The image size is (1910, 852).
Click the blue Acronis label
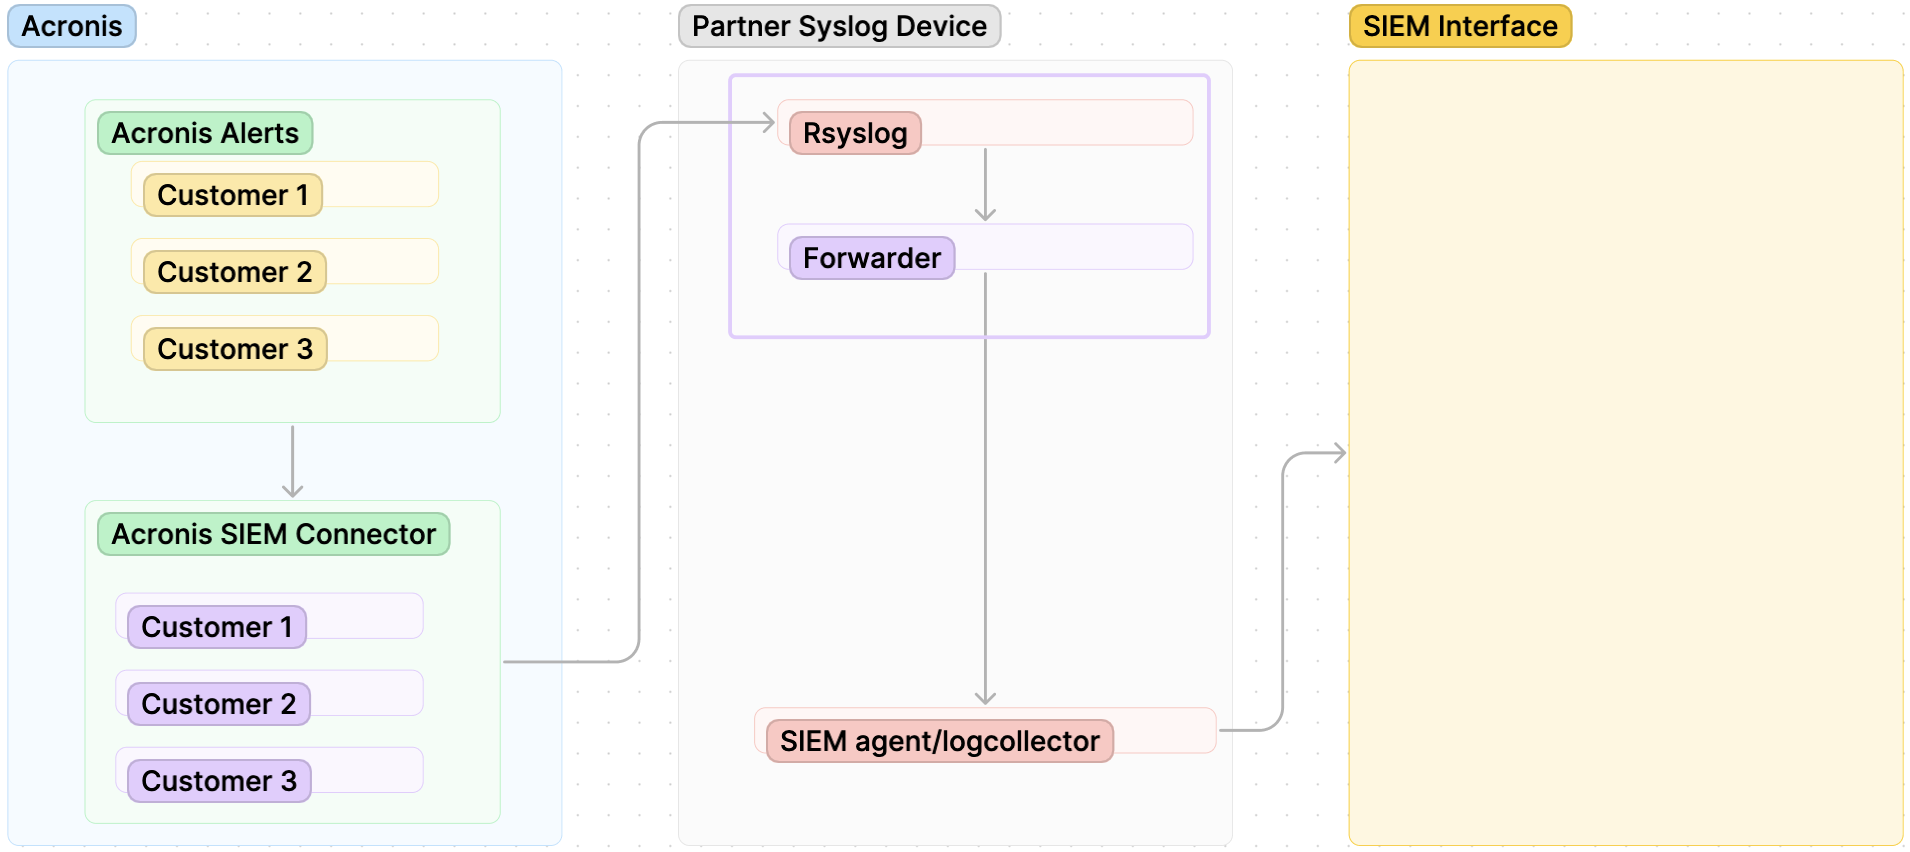click(x=71, y=26)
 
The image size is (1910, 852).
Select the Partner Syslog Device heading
click(x=838, y=26)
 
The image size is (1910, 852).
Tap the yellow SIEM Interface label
click(x=1459, y=26)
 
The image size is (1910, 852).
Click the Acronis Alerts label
click(x=204, y=133)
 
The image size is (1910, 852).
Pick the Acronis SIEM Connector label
click(x=273, y=534)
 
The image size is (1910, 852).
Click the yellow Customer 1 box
click(x=232, y=195)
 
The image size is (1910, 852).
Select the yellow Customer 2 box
click(x=234, y=272)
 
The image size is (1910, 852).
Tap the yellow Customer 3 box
click(x=234, y=349)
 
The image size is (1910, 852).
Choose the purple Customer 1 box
click(x=216, y=627)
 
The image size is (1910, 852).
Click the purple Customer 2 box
click(x=218, y=704)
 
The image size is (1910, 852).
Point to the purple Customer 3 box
click(x=218, y=781)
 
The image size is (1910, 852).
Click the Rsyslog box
click(x=854, y=133)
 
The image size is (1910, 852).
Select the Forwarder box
click(x=871, y=258)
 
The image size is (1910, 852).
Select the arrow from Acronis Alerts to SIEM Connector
click(x=292, y=460)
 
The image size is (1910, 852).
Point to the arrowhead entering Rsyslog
click(x=768, y=123)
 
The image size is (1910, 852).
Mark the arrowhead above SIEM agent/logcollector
click(x=985, y=697)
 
